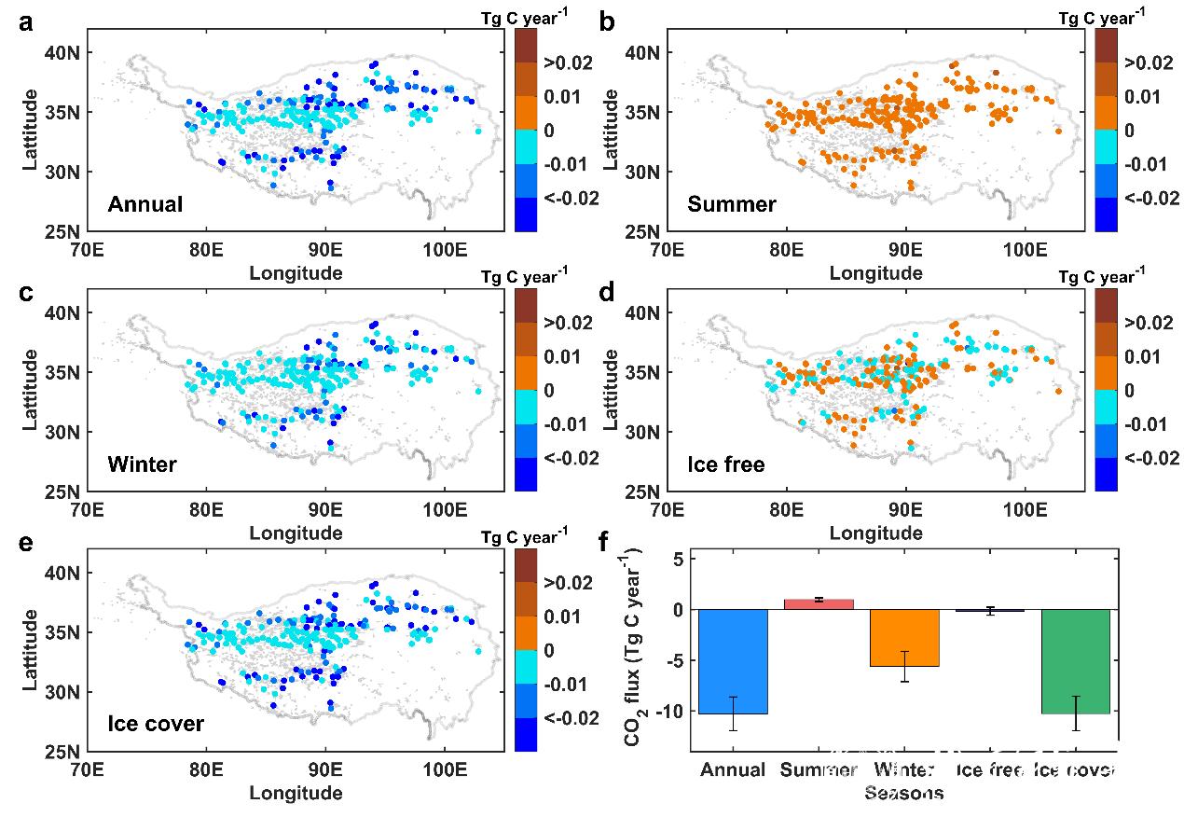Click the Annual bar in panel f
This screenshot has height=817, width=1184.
click(x=733, y=661)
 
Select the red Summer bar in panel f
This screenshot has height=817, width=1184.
click(x=819, y=603)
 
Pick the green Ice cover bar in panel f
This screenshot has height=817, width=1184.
click(x=1076, y=661)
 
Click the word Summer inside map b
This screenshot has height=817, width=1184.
click(x=731, y=204)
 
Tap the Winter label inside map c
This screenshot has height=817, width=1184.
click(x=142, y=464)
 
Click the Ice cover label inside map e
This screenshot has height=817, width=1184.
click(x=156, y=723)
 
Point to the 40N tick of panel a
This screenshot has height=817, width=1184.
click(x=63, y=52)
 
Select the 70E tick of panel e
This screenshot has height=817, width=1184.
click(x=87, y=769)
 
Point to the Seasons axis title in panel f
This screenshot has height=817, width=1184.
click(x=903, y=794)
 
